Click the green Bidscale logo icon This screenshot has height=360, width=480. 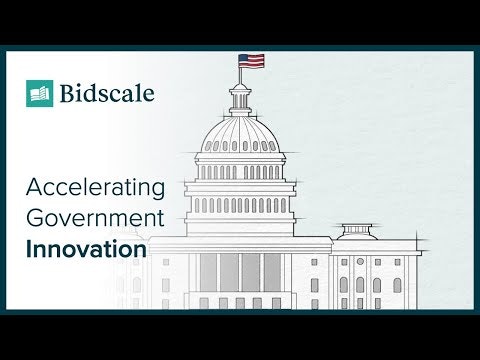[x=40, y=94]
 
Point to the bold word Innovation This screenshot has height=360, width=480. [x=86, y=248]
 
